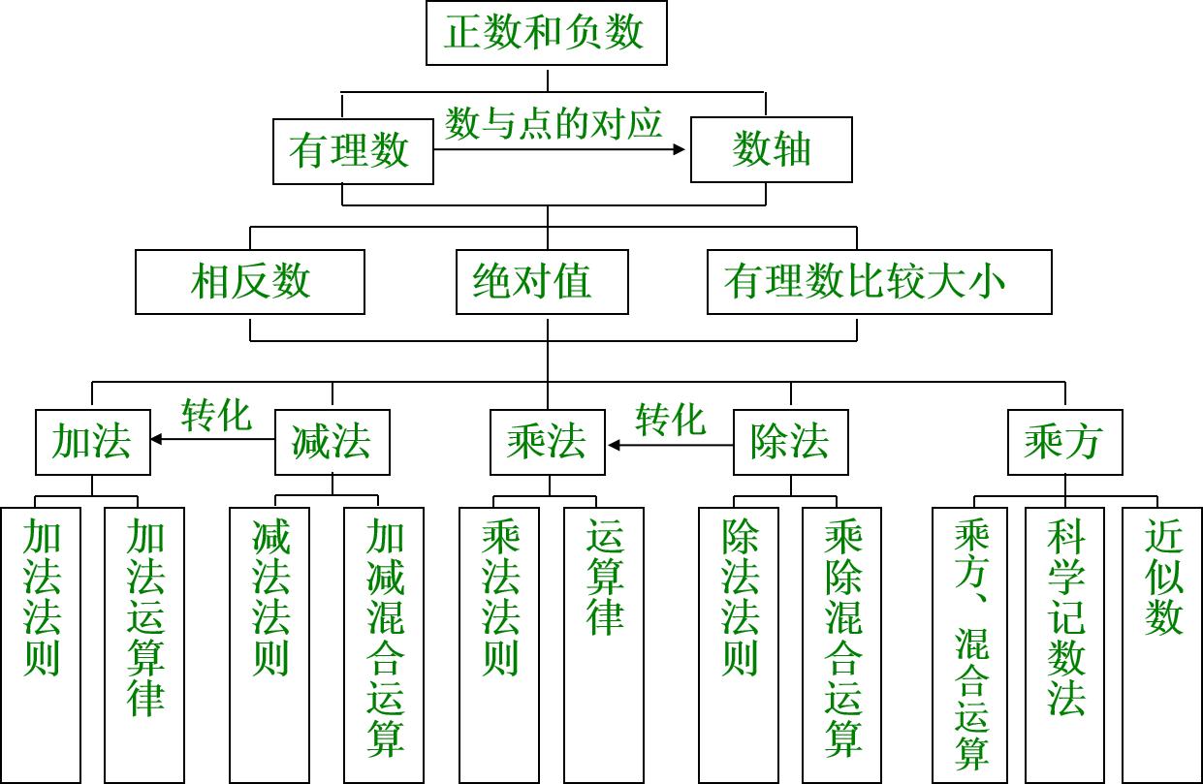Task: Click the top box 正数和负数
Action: pos(547,34)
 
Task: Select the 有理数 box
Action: pos(353,151)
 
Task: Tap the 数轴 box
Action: pos(772,150)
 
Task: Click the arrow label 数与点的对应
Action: pos(554,124)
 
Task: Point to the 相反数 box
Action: pos(250,282)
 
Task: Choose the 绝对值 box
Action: pos(542,282)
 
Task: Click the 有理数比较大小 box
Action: pos(879,282)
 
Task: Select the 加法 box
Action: pos(93,443)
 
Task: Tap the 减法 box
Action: pos(332,443)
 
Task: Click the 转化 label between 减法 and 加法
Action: pos(215,416)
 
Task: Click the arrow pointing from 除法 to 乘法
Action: pos(670,446)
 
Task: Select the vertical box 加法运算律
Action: pos(145,643)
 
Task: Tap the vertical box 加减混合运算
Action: pos(385,643)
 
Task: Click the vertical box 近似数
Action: pos(1162,643)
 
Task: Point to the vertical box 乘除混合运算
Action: pos(842,643)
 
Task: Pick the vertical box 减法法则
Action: pos(269,643)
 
